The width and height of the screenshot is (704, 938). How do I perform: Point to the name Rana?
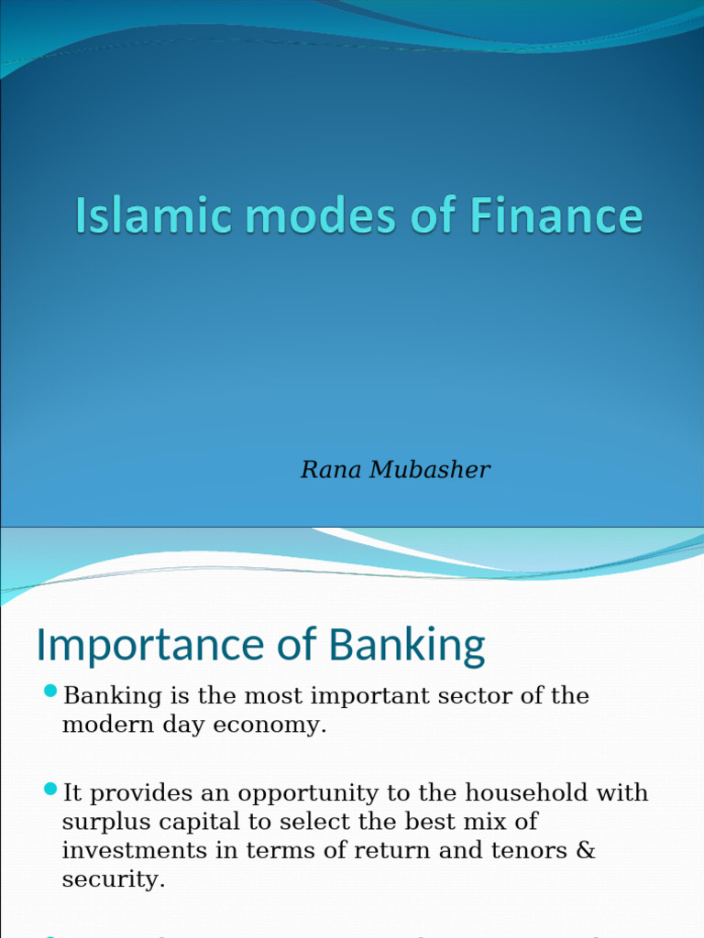click(x=332, y=470)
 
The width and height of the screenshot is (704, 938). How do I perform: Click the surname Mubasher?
click(x=430, y=470)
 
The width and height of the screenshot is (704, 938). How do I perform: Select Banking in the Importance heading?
click(x=407, y=647)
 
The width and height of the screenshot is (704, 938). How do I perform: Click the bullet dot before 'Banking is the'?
click(x=50, y=690)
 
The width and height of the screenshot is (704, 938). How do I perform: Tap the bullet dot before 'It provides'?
click(x=50, y=787)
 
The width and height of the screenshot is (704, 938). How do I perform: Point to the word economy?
click(x=280, y=725)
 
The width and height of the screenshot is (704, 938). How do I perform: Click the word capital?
click(x=186, y=821)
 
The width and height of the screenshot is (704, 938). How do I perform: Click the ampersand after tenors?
click(x=587, y=850)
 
